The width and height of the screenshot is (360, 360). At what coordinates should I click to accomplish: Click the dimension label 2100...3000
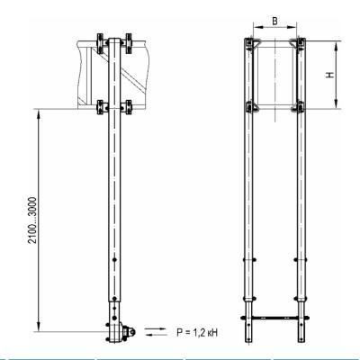[x=32, y=220]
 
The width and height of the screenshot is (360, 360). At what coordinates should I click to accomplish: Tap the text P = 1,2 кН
[x=197, y=332]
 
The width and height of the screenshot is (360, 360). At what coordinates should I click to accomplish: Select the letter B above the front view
[x=274, y=22]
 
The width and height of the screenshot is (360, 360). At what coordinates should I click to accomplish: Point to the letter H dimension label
[x=330, y=75]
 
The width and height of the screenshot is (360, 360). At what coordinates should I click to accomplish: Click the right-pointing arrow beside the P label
[x=155, y=328]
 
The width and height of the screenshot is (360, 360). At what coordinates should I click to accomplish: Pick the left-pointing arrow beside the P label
[x=155, y=334]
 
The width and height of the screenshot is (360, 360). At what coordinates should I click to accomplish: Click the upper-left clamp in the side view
[x=101, y=44]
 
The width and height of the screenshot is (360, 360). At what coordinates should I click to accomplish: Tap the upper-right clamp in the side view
[x=127, y=44]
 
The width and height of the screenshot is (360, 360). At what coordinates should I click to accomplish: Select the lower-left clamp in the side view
[x=101, y=107]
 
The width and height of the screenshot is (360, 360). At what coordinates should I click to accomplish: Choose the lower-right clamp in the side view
[x=127, y=107]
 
